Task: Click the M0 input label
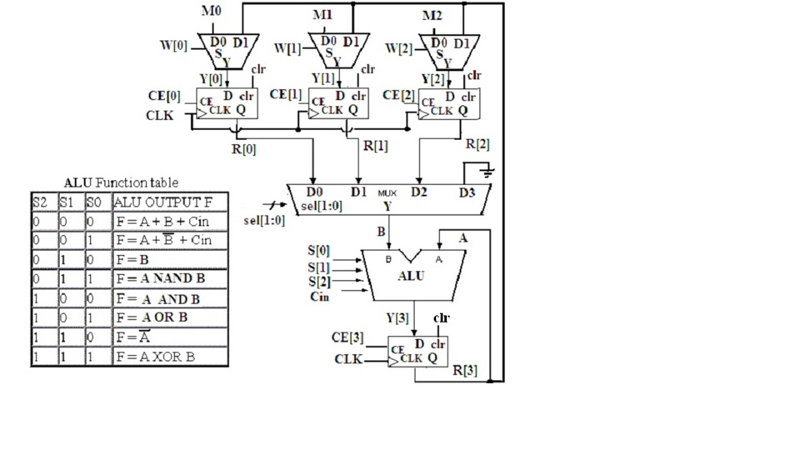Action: tap(212, 12)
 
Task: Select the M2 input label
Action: tap(432, 15)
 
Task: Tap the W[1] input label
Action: tap(287, 48)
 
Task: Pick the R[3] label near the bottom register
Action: tap(464, 370)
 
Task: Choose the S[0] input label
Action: tap(319, 250)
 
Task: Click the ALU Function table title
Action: tap(121, 182)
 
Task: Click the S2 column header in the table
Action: tap(40, 202)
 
